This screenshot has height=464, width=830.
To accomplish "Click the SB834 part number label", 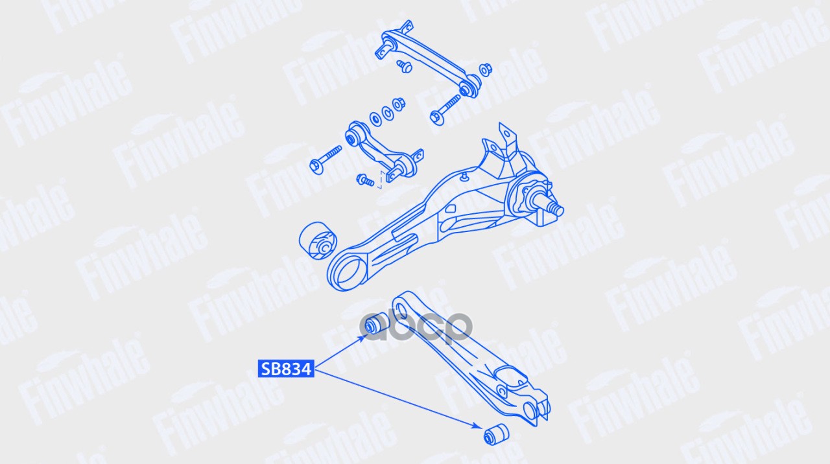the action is (x=286, y=369).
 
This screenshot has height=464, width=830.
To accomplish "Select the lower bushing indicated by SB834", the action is (x=496, y=434).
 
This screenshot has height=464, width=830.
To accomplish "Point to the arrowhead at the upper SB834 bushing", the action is (x=365, y=337).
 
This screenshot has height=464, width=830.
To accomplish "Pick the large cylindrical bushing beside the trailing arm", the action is (x=318, y=240).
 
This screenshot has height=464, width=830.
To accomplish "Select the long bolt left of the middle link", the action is (x=326, y=159).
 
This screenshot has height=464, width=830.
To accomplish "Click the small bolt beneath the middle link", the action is (x=365, y=180).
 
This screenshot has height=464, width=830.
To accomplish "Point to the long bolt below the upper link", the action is (x=445, y=110).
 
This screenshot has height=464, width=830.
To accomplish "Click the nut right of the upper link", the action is (x=485, y=69).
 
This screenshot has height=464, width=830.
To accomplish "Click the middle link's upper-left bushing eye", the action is (x=354, y=136).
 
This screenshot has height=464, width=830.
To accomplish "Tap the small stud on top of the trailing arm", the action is (x=464, y=177).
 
